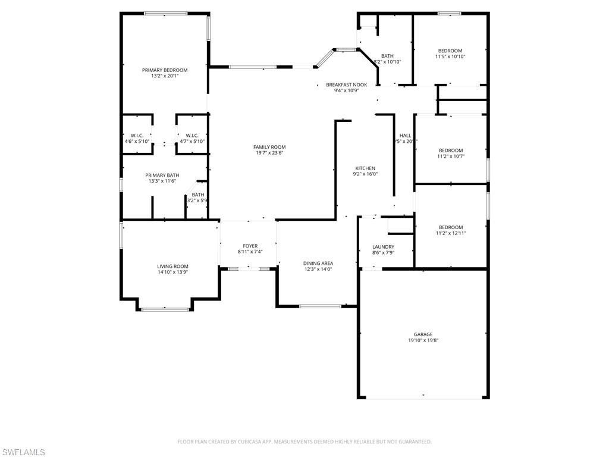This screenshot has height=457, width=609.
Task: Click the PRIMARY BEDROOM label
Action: tap(165, 70)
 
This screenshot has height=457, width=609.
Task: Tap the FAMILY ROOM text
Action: tap(269, 147)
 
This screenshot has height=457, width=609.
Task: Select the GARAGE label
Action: tap(423, 334)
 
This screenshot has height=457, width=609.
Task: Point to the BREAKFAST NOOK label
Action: tap(346, 85)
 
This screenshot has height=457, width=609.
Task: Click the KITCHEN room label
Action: tap(365, 168)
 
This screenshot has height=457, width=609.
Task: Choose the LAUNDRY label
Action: tap(383, 247)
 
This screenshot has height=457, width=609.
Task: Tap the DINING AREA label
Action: tap(318, 263)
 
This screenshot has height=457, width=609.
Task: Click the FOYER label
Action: tap(250, 246)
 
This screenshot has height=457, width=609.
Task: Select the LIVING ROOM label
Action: tap(172, 267)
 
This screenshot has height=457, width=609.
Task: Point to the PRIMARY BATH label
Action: tap(162, 175)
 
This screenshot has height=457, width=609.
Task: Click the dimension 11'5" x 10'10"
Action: tap(450, 57)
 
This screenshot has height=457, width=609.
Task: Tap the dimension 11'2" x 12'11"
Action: tap(450, 233)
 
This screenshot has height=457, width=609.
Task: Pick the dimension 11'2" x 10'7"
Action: tap(450, 156)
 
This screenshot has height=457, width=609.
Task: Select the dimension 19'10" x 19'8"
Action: tap(423, 341)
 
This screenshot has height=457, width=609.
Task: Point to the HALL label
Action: tap(405, 136)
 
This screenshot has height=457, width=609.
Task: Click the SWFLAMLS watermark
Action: tap(23, 452)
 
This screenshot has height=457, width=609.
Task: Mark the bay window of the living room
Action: tap(165, 309)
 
